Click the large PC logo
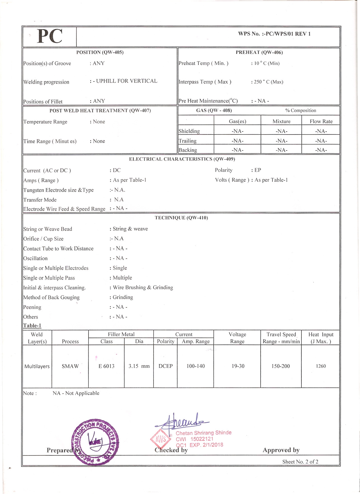pos(50,36)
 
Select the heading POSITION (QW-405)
pos(100,52)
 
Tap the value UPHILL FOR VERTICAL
pos(126,81)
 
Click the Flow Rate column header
pos(321,121)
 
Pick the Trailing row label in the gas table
pos(187,141)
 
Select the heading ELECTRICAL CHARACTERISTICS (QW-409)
pos(182,159)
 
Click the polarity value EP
pos(257,170)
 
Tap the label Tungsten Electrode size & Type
pos(58,190)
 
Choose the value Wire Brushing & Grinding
pos(143,287)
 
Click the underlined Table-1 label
pos(32,326)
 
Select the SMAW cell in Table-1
pos(70,366)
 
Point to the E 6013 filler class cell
pos(106,366)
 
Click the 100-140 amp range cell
pos(196,366)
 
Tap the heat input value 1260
pos(320,366)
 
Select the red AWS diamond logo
pos(161,439)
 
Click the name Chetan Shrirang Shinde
pos(203,433)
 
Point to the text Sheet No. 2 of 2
pos(300,462)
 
